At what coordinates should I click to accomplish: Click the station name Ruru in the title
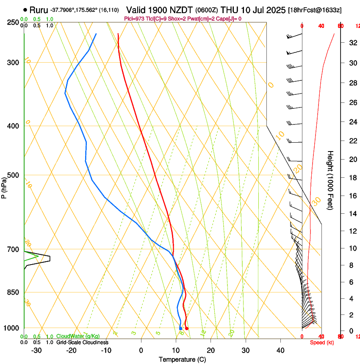(39, 9)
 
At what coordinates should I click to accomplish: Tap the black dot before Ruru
(25, 10)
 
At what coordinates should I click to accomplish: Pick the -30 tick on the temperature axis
(36, 350)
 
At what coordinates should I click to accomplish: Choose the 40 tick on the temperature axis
(280, 350)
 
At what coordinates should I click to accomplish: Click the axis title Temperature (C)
(182, 359)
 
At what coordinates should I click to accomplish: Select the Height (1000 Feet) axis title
(331, 180)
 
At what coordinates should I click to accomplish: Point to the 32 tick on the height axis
(352, 43)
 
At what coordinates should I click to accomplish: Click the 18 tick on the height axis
(352, 178)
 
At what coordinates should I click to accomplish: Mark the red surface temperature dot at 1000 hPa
(187, 328)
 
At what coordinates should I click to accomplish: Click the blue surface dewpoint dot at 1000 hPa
(181, 328)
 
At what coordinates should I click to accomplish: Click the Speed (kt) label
(322, 342)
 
